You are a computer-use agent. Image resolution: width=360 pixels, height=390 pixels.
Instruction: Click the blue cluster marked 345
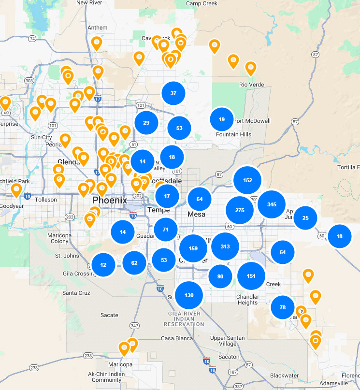pos(272,204)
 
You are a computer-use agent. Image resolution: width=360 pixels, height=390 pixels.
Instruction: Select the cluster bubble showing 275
pos(240,210)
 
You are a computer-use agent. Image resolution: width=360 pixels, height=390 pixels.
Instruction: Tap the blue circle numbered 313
pos(225,246)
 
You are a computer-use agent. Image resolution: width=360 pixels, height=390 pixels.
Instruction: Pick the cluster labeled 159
pos(193,248)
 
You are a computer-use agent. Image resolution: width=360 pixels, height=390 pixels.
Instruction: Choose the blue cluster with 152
pos(247,180)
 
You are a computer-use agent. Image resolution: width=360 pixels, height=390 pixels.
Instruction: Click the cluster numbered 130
pos(189,295)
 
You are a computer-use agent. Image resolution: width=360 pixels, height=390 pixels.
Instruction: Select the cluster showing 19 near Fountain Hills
pos(222,119)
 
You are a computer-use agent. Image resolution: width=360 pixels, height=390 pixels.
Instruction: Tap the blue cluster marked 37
pos(173,93)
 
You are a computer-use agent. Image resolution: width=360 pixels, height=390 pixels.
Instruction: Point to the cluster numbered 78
pos(283,307)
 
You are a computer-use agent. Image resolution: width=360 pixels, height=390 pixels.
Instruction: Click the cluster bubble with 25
pos(305,218)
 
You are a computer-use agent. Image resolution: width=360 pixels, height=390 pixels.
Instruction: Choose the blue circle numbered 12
pos(103,265)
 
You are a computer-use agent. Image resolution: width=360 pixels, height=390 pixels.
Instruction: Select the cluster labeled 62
pos(134,263)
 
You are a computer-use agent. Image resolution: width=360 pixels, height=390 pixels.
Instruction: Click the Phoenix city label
pos(110,200)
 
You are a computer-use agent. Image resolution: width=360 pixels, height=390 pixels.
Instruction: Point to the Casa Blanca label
pos(177,338)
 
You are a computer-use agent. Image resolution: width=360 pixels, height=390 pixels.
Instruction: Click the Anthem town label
pos(98,28)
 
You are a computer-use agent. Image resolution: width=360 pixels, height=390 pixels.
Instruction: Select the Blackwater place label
pos(284,376)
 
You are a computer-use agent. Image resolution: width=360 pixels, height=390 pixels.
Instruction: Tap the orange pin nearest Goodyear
pos(17,189)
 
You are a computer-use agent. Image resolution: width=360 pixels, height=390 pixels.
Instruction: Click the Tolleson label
pos(45,200)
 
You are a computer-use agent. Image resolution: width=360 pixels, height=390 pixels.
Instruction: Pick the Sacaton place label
pos(229,357)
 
